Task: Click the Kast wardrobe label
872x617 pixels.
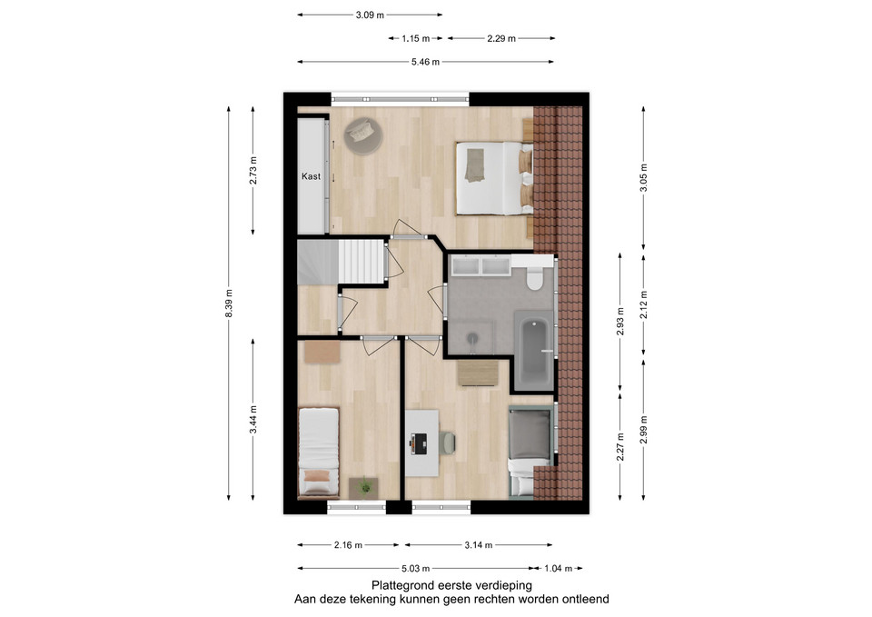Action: point(311,176)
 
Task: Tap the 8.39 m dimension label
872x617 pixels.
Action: point(229,304)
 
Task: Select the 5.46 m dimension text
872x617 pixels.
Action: point(425,62)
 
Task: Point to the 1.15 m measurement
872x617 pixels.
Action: point(415,38)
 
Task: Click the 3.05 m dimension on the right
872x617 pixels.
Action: point(643,177)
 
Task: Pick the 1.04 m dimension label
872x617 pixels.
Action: point(558,569)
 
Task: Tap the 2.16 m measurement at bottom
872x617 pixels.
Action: point(348,545)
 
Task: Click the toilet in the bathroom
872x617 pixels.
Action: point(534,277)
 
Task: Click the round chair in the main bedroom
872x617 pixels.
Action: point(363,135)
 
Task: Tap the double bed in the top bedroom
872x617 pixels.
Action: point(494,178)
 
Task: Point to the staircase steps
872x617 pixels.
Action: point(362,262)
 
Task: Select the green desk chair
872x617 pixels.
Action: point(447,443)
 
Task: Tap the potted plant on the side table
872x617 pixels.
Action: point(365,487)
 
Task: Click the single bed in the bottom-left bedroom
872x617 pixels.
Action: point(318,452)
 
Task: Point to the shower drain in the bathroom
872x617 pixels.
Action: point(472,337)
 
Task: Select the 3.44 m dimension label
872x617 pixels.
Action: point(253,420)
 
